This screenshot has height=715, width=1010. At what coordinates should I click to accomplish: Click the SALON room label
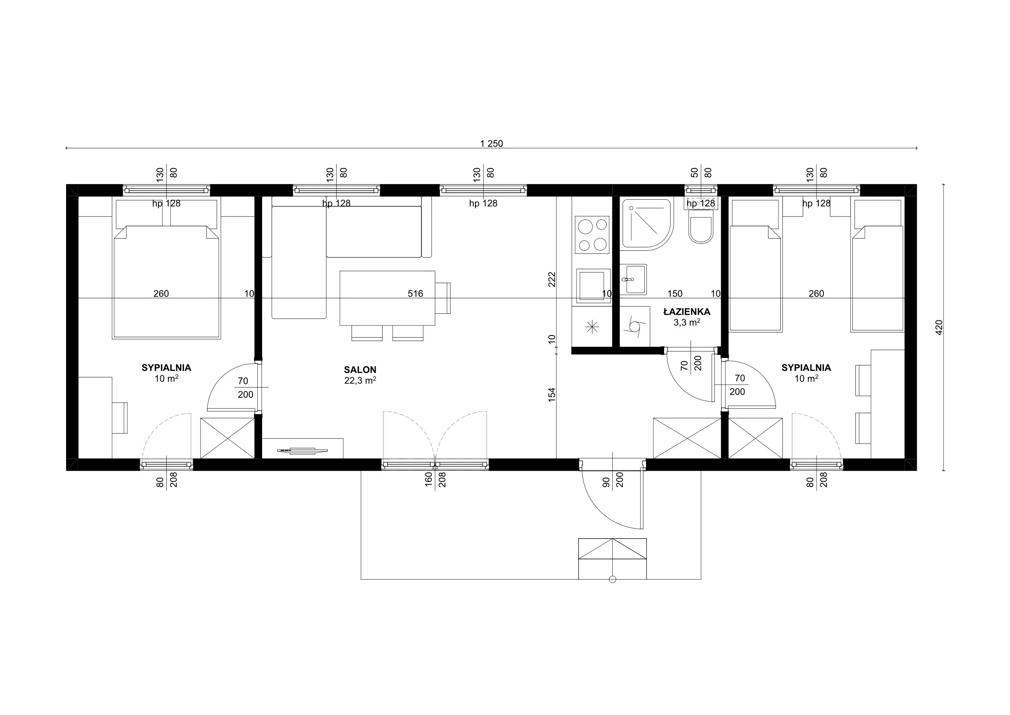coord(360,370)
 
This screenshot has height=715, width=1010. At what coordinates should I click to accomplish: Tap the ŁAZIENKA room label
coord(687,312)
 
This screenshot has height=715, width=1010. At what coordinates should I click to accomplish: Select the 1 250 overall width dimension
coord(491,144)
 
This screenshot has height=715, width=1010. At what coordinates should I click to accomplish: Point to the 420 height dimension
coord(939,328)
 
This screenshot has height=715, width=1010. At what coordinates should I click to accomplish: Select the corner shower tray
coord(647,224)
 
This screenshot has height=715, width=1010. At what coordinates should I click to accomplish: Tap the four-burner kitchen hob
coord(592,235)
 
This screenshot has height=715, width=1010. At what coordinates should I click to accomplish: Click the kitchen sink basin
coord(592,286)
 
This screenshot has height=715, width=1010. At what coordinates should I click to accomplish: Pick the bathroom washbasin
coord(633,279)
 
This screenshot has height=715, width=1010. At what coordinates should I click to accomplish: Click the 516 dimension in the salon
coord(415,294)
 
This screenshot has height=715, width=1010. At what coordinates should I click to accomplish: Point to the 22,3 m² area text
coord(360,380)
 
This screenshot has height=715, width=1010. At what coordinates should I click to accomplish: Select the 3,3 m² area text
coord(687,322)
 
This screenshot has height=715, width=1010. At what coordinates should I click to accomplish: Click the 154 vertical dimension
coord(552,394)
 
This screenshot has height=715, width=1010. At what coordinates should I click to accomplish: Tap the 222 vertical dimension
coord(552,280)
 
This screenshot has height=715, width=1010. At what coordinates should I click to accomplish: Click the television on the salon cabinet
coord(302,450)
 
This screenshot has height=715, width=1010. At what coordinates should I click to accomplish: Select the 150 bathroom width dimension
coord(675,294)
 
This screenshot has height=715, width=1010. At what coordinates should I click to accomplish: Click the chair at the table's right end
coord(443,298)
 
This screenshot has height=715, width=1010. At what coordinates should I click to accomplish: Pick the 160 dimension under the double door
coord(428,480)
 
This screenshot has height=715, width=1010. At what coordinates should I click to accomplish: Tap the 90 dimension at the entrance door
coord(606,482)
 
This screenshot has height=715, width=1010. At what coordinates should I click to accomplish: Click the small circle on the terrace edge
coord(612,579)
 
